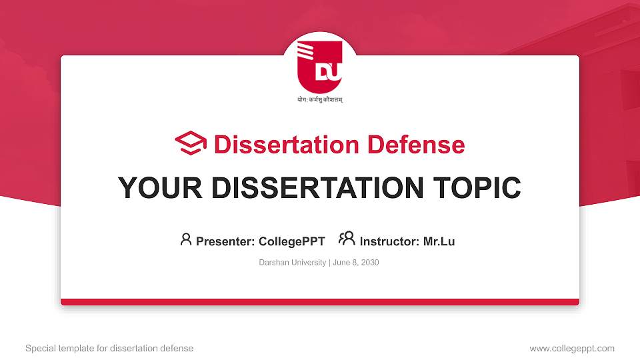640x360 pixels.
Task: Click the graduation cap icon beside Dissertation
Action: click(x=191, y=144)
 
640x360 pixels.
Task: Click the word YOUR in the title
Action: click(x=157, y=188)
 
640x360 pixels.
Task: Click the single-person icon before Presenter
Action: click(x=186, y=239)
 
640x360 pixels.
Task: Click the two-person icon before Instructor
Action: click(x=347, y=239)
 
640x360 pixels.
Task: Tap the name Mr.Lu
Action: click(x=439, y=241)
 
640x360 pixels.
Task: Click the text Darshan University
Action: click(x=292, y=263)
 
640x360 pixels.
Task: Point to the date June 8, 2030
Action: click(x=355, y=263)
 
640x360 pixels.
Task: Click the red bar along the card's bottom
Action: click(x=319, y=302)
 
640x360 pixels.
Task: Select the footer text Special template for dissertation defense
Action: click(x=109, y=348)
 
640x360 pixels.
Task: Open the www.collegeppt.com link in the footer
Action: click(x=572, y=348)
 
